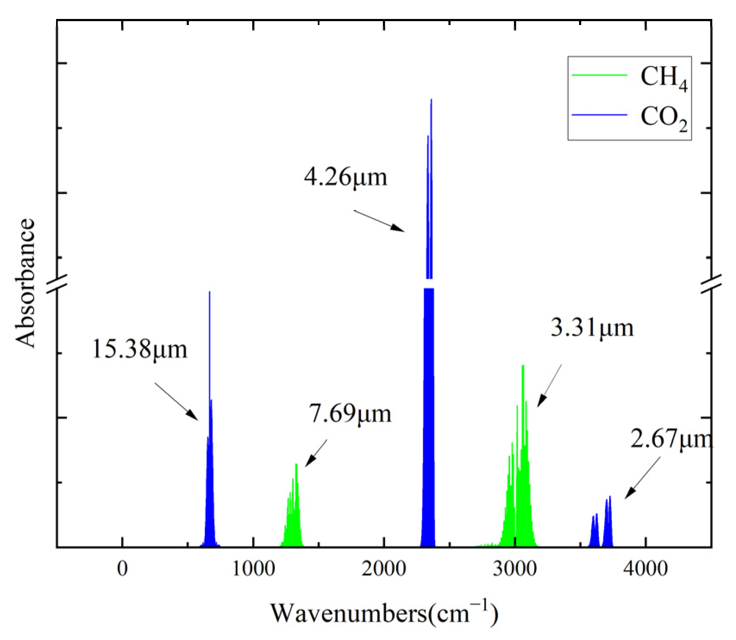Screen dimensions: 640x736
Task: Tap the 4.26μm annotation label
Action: tap(345, 177)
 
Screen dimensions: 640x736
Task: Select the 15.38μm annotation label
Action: tap(140, 349)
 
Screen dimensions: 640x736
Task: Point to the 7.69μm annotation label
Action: tap(350, 414)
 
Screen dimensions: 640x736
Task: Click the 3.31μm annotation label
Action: tap(592, 328)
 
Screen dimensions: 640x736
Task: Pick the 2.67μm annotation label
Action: tap(671, 439)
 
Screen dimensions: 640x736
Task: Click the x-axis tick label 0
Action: tap(122, 569)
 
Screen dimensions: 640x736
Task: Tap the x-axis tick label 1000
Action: tap(253, 569)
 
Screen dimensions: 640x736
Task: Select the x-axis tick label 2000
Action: tap(384, 569)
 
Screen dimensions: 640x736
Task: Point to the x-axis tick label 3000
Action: tap(515, 569)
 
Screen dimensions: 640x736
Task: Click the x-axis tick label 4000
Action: tap(645, 569)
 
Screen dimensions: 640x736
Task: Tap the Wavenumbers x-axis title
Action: tap(384, 613)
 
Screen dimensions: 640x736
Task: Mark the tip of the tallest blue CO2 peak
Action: tap(431, 100)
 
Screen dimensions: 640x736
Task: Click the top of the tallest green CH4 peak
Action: tap(523, 366)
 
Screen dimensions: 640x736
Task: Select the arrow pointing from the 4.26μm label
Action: tap(379, 221)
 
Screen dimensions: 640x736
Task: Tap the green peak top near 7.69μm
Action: tap(296, 464)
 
